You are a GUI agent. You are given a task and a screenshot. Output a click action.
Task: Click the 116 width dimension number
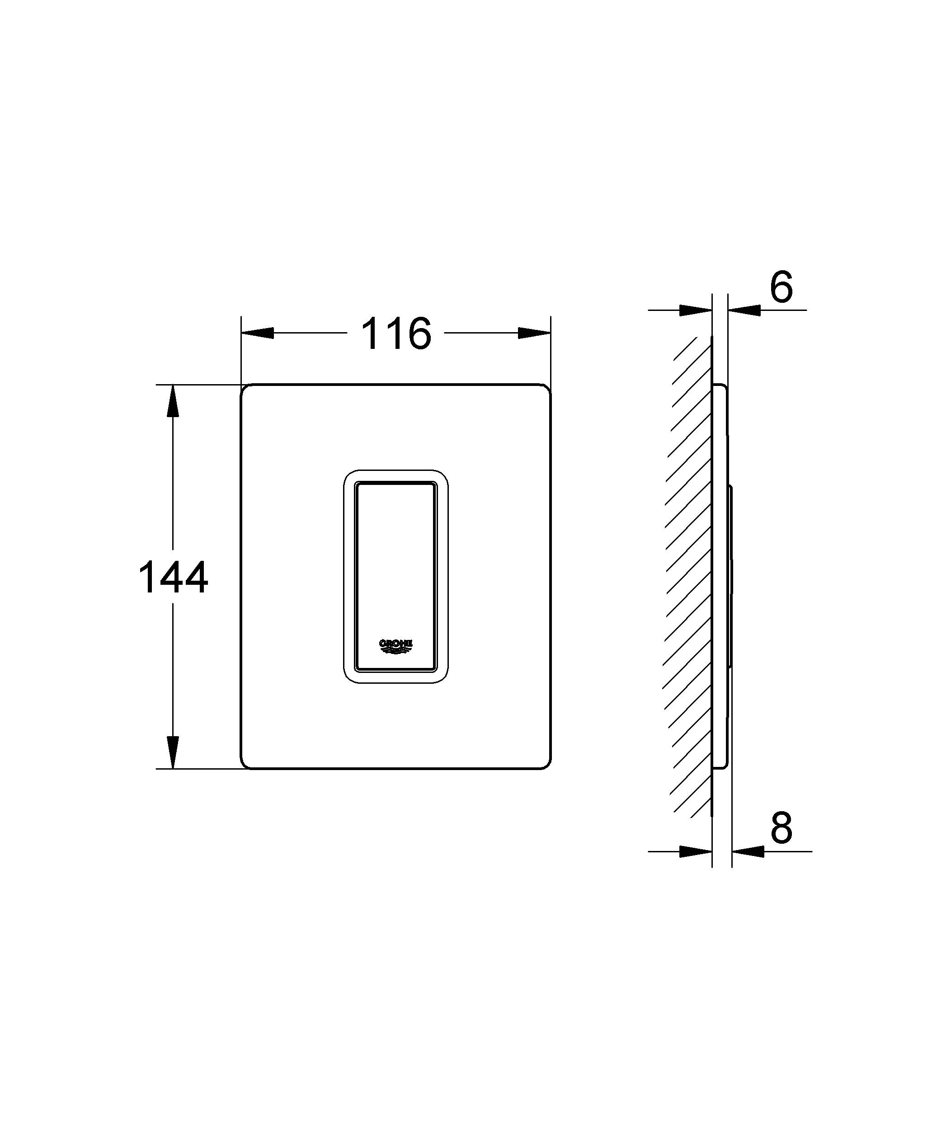point(396,334)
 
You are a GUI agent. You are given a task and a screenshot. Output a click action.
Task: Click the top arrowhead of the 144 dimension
point(173,401)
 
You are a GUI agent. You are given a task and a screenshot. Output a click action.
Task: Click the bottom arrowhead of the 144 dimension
point(173,752)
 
